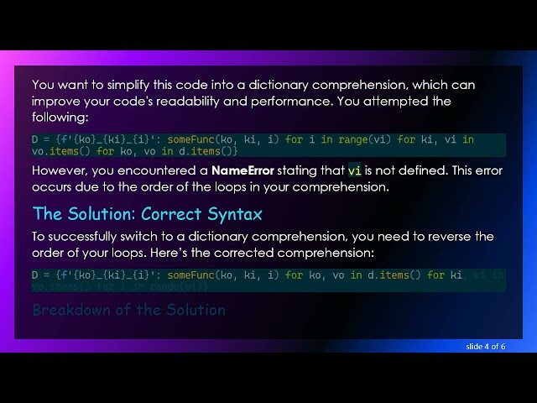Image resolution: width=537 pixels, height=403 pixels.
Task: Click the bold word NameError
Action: tap(242, 170)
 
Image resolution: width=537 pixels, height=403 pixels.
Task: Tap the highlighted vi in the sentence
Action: tap(355, 170)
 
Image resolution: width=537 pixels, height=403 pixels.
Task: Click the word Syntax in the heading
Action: tap(234, 213)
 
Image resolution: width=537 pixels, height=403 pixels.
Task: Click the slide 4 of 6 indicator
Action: tap(485, 346)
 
